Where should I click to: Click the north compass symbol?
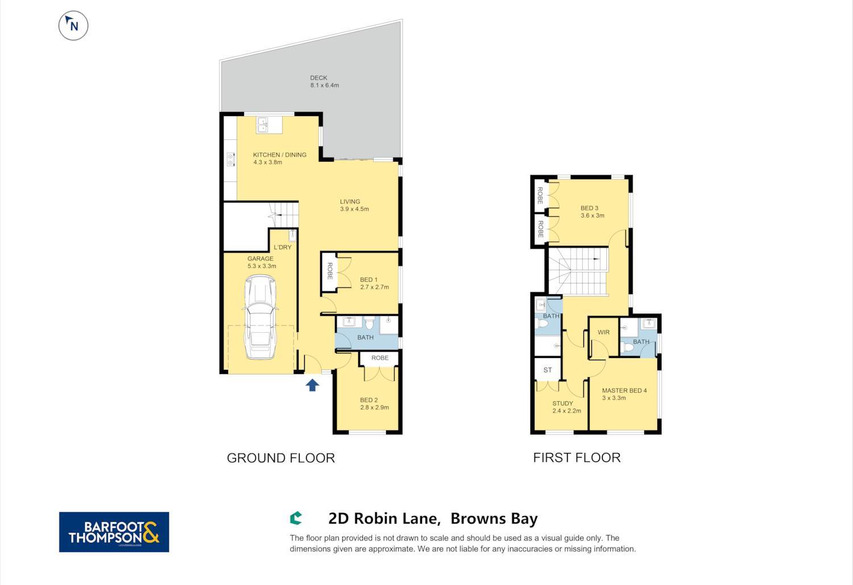[x=73, y=26]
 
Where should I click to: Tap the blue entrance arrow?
[x=312, y=385]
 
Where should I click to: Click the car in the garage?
[x=260, y=317]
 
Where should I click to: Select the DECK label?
[x=318, y=78]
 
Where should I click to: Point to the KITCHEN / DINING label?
[x=280, y=155]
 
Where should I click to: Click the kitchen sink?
[x=263, y=125]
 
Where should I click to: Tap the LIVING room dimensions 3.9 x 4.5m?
[x=354, y=209]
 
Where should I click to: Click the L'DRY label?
[x=283, y=248]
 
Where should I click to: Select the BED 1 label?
[x=368, y=280]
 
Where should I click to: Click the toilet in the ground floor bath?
[x=368, y=323]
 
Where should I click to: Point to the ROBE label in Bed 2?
[x=380, y=358]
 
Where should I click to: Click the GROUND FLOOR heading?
[x=281, y=458]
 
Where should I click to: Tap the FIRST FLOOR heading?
[x=577, y=458]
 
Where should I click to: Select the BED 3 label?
[x=589, y=208]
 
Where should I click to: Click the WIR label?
[x=603, y=332]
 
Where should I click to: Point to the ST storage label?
[x=548, y=370]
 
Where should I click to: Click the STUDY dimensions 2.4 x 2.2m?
[x=566, y=411]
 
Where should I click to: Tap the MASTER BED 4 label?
[x=624, y=390]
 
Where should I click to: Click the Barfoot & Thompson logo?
[x=114, y=532]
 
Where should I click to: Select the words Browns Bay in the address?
[x=494, y=518]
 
